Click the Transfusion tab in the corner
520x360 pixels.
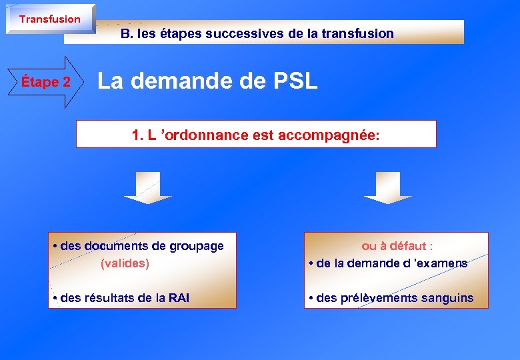50,19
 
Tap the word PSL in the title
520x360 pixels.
295,81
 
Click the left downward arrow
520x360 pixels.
148,188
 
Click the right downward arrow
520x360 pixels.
388,188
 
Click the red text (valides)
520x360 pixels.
125,263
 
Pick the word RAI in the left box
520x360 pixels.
179,298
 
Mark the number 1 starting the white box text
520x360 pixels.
136,135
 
